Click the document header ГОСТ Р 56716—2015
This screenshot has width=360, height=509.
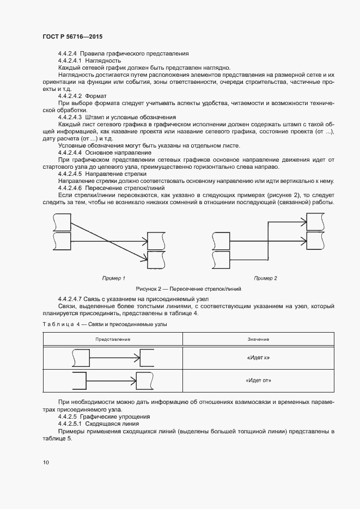(72, 36)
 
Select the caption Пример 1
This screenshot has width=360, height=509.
(114, 278)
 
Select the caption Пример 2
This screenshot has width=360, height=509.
(266, 278)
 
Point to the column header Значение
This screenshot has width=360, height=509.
(258, 339)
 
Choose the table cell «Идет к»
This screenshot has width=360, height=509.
(258, 358)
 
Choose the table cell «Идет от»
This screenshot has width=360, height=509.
(258, 381)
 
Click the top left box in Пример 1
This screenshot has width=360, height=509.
(63, 222)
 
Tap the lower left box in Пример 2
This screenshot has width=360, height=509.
(221, 258)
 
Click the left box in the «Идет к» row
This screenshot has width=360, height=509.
(81, 358)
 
